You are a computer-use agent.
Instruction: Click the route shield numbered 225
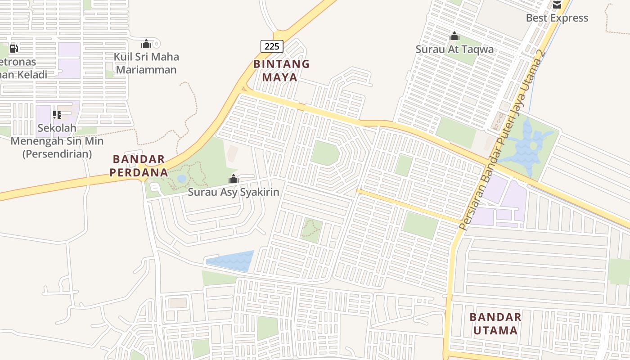tap(272, 46)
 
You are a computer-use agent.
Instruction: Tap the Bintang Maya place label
tap(281, 70)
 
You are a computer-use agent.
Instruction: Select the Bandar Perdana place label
tap(139, 166)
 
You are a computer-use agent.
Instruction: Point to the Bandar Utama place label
tap(495, 324)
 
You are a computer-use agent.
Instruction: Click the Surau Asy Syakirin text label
tap(234, 192)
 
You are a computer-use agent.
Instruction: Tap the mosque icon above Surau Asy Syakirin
tap(233, 179)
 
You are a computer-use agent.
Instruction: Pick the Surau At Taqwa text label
tap(454, 49)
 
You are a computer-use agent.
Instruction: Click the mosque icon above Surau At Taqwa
tap(454, 36)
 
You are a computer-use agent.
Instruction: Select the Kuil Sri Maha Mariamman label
tap(146, 63)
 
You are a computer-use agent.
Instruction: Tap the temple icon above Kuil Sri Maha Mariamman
tap(146, 44)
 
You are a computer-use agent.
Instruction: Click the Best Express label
tap(557, 18)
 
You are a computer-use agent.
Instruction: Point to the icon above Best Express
tap(557, 4)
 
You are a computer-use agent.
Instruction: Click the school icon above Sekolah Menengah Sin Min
tap(57, 115)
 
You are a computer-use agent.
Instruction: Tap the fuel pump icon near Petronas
tap(13, 49)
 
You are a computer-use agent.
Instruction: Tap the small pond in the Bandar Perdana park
tap(182, 179)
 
